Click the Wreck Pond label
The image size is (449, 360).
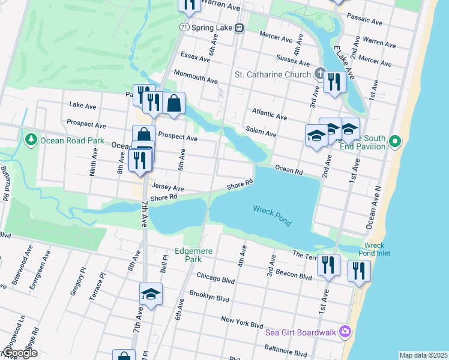[x=272, y=215]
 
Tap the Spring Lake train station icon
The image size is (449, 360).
[x=239, y=28]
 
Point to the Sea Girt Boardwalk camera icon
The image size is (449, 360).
[x=345, y=331]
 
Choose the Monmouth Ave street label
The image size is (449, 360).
[x=196, y=76]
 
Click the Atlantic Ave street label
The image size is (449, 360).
[x=270, y=112]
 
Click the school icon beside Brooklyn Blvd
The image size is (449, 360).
[x=151, y=294]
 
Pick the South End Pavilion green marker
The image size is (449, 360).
[x=394, y=142]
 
